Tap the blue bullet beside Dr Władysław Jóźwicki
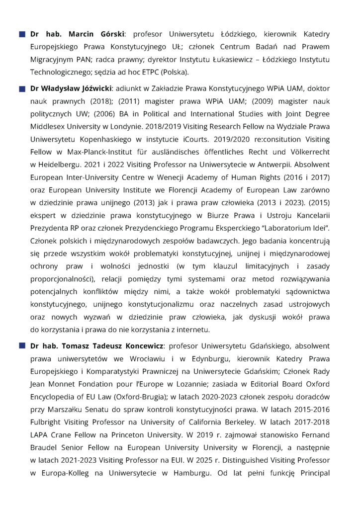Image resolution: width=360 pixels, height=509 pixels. point(22,89)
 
